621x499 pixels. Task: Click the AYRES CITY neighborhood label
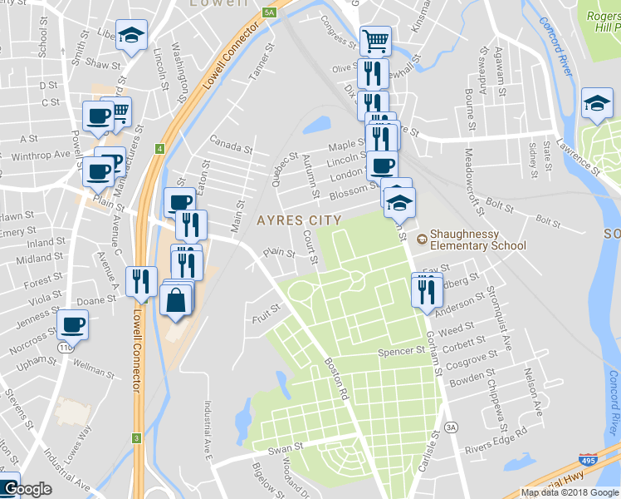(299, 220)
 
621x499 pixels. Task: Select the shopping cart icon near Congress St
(375, 39)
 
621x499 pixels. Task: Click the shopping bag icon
(177, 300)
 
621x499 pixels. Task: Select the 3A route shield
(451, 427)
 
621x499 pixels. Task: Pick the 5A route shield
(268, 12)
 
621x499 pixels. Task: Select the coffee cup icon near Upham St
(72, 324)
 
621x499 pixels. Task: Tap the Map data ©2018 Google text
(569, 492)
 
